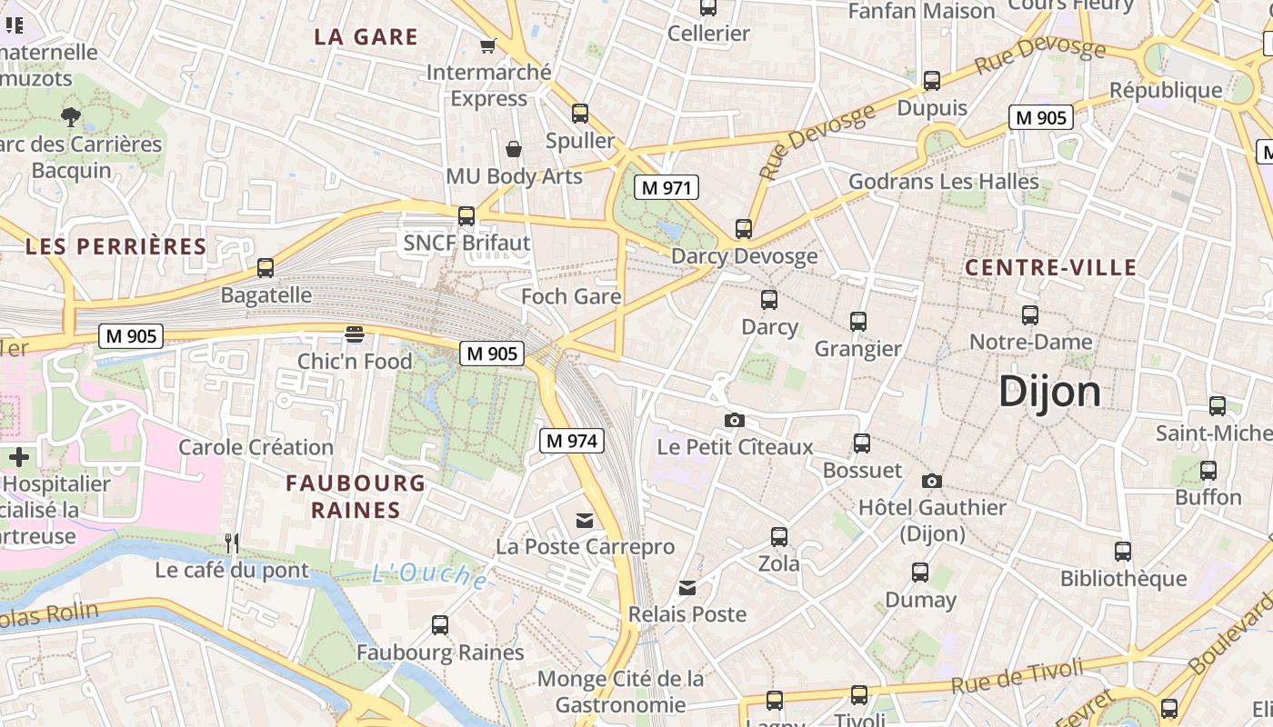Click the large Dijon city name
pyautogui.click(x=1049, y=392)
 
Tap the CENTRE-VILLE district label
pyautogui.click(x=1050, y=267)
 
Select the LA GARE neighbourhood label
pyautogui.click(x=366, y=37)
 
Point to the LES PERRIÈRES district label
pyautogui.click(x=116, y=246)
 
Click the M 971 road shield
pyautogui.click(x=667, y=188)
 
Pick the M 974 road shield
pyautogui.click(x=572, y=442)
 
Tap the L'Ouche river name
pyautogui.click(x=429, y=574)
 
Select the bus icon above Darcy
pyautogui.click(x=769, y=299)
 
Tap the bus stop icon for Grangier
pyautogui.click(x=857, y=321)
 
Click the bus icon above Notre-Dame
pyautogui.click(x=1029, y=315)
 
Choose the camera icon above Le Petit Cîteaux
pyautogui.click(x=734, y=420)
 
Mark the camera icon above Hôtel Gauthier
pyautogui.click(x=931, y=481)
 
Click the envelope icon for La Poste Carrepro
pyautogui.click(x=585, y=521)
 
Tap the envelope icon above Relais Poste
pyautogui.click(x=687, y=588)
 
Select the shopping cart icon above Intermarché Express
pyautogui.click(x=488, y=45)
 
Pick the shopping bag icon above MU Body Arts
pyautogui.click(x=514, y=149)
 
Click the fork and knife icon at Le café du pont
pyautogui.click(x=232, y=543)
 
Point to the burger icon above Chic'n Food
pyautogui.click(x=355, y=334)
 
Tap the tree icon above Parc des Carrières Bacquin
pyautogui.click(x=70, y=116)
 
